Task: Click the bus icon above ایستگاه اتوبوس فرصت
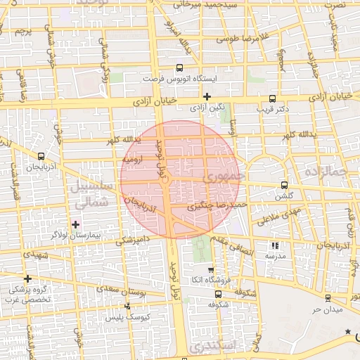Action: pyautogui.click(x=179, y=68)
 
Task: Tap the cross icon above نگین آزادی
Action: pyautogui.click(x=207, y=96)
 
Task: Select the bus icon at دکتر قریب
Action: pyautogui.click(x=272, y=99)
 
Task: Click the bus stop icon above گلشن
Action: pyautogui.click(x=284, y=185)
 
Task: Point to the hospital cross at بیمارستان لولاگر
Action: pyautogui.click(x=76, y=224)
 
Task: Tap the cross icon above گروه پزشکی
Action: pyautogui.click(x=28, y=278)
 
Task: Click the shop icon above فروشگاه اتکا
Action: pyautogui.click(x=210, y=270)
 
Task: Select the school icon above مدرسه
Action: pyautogui.click(x=275, y=245)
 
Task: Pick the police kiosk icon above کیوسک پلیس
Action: pyautogui.click(x=127, y=306)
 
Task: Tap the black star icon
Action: pyautogui.click(x=347, y=330)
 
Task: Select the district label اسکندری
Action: pyautogui.click(x=217, y=345)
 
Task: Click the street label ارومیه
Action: pyautogui.click(x=133, y=160)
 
